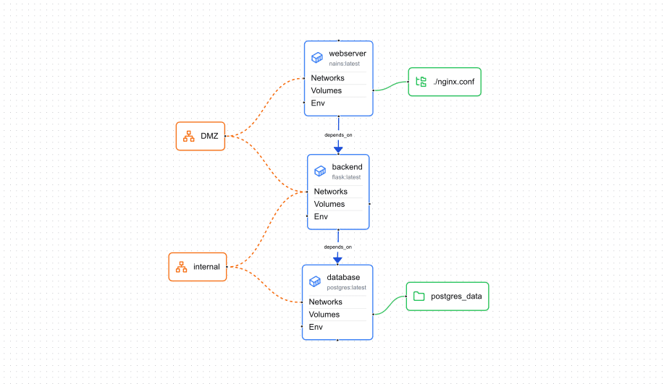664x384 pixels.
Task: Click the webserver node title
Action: click(347, 54)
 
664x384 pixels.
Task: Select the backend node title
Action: click(347, 167)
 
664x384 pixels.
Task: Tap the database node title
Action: click(343, 277)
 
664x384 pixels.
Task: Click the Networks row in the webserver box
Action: click(328, 78)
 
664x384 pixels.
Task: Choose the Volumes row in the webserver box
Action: click(327, 90)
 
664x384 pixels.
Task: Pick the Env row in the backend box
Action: click(321, 216)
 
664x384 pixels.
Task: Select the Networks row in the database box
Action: click(326, 302)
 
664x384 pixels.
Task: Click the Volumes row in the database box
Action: click(324, 315)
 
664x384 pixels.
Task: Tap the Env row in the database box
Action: click(316, 327)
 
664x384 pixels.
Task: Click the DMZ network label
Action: click(209, 136)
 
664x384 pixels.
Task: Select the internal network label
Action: click(206, 267)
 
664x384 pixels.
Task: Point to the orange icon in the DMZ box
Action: click(188, 136)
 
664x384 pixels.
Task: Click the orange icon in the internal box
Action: click(181, 267)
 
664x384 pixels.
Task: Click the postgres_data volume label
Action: click(456, 296)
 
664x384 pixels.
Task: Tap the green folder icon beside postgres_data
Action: click(419, 296)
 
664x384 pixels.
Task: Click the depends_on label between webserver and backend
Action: click(338, 135)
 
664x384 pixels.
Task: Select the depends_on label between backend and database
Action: click(338, 247)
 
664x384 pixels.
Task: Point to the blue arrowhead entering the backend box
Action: click(338, 150)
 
